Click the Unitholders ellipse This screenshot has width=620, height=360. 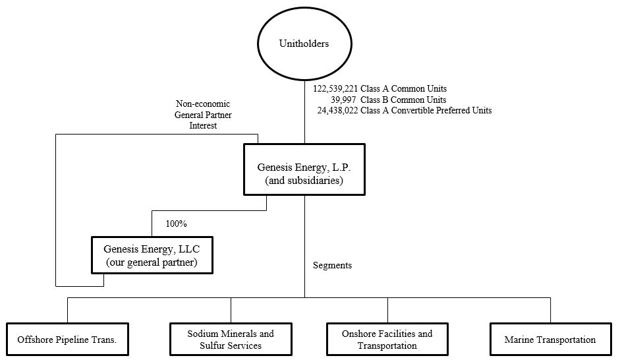pos(304,44)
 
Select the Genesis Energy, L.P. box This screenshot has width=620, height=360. pos(304,169)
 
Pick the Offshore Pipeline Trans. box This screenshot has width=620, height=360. pos(67,340)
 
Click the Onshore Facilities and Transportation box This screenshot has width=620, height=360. pos(387,340)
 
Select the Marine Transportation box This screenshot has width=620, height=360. pos(550,340)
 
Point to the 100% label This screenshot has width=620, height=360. pos(176,224)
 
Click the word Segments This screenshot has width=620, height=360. pos(332,265)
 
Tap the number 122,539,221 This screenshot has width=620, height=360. pos(335,88)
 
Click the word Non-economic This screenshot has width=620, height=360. pos(202,104)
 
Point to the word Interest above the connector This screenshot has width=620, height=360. pos(203,125)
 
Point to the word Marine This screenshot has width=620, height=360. pos(519,340)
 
